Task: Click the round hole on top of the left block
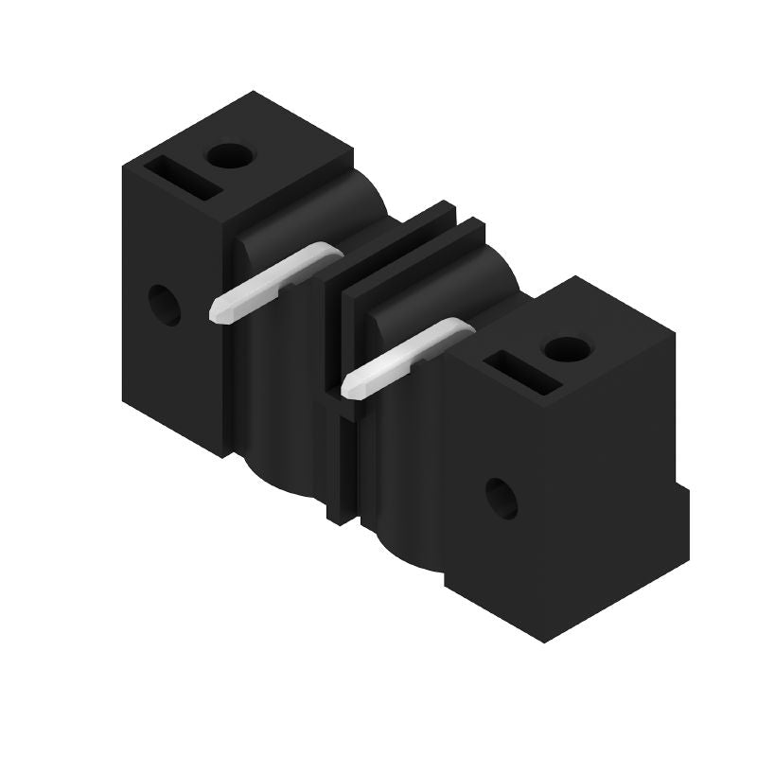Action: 226,154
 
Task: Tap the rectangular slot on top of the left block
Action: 184,177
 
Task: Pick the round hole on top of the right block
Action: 565,348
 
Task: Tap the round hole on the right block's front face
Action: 502,498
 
